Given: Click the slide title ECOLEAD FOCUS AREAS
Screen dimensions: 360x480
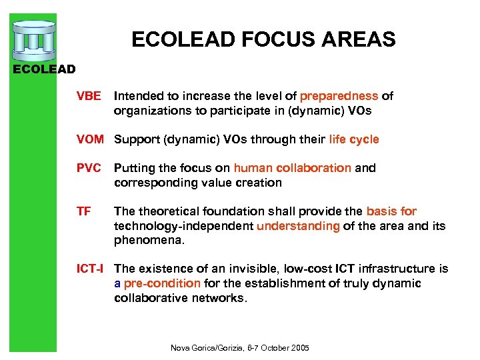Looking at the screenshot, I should click(263, 39).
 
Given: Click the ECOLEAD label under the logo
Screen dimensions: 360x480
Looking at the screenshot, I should click(45, 69).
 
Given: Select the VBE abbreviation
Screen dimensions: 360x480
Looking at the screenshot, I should click(89, 96).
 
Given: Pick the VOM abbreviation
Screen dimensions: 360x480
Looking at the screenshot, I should click(90, 139).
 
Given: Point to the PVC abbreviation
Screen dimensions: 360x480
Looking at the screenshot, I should click(89, 168).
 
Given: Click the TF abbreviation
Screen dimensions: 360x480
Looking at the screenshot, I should click(83, 211).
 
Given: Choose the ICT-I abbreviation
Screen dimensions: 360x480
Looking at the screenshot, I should click(91, 269).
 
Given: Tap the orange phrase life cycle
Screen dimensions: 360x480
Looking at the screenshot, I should click(354, 139).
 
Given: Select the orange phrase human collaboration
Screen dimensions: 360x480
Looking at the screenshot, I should click(292, 168).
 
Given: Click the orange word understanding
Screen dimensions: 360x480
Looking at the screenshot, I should click(298, 226).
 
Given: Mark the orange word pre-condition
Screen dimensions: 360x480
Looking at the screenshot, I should click(162, 283).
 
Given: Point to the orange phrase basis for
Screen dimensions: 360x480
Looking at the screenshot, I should click(391, 211).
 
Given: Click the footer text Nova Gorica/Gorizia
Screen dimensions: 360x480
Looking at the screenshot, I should click(208, 348).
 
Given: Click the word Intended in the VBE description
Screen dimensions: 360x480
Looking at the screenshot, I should click(137, 96).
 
